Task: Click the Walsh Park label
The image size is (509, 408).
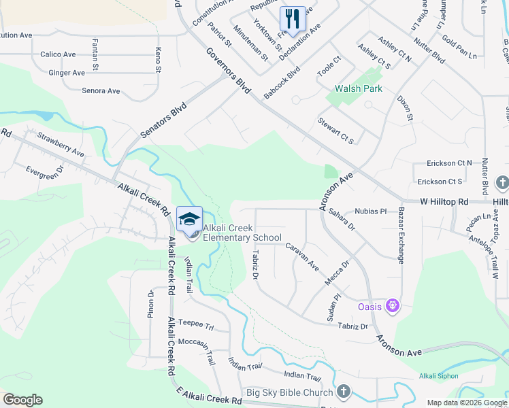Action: tap(359, 88)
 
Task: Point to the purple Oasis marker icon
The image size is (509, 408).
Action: tap(392, 307)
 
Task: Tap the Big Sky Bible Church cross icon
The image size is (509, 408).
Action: tap(344, 392)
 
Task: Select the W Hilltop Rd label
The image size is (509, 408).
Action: tap(444, 202)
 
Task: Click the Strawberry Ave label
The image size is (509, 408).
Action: tap(61, 145)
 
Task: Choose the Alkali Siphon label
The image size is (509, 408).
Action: tap(439, 376)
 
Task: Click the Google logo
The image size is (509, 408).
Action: tap(22, 400)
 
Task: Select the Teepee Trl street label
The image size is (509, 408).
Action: tap(195, 324)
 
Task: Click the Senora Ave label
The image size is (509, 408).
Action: tap(101, 90)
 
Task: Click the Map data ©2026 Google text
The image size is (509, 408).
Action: tap(466, 403)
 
